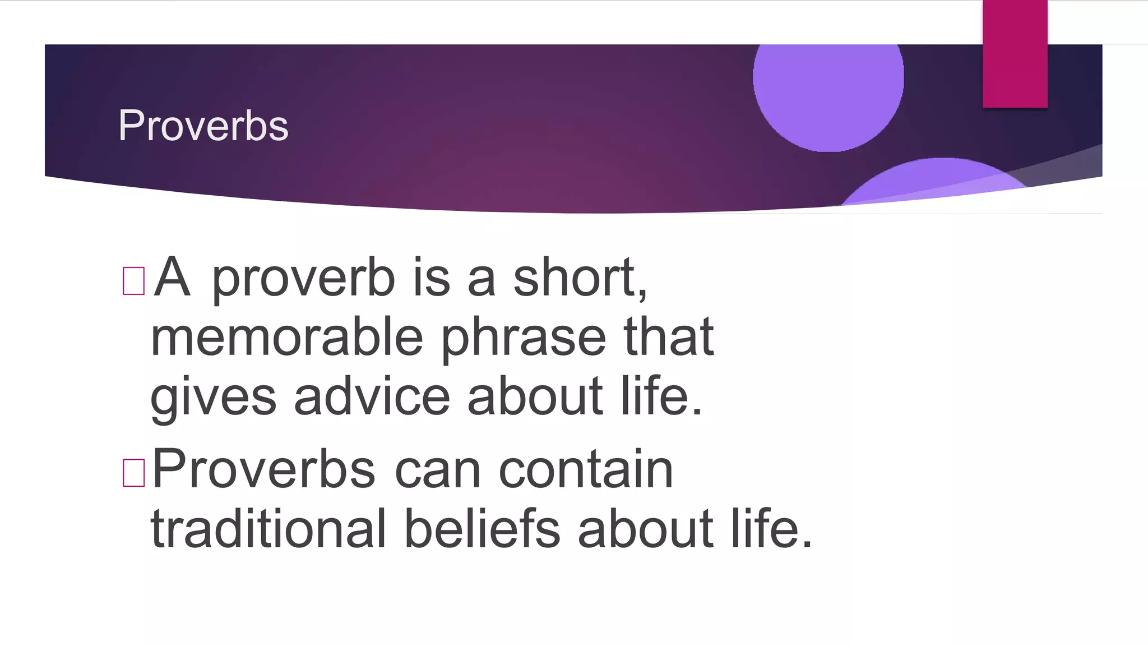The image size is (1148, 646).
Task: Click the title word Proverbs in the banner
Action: pyautogui.click(x=203, y=126)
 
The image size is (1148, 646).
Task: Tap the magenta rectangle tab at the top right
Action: pyautogui.click(x=1015, y=53)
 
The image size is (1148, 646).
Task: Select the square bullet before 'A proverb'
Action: pyautogui.click(x=133, y=280)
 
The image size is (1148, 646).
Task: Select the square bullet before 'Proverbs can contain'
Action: pyautogui.click(x=133, y=472)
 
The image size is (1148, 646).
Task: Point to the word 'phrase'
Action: pyautogui.click(x=524, y=339)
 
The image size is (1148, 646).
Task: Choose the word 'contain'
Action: pyautogui.click(x=586, y=470)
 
